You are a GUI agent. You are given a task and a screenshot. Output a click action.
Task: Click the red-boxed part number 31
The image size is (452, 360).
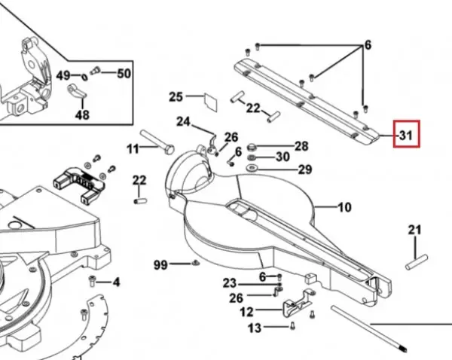[x=406, y=135]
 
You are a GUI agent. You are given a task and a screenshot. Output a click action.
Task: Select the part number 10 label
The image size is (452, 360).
[x=344, y=207]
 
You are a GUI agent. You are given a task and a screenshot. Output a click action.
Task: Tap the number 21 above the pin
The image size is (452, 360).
[x=414, y=230]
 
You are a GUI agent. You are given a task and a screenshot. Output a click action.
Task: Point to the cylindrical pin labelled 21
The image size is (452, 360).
[x=417, y=262]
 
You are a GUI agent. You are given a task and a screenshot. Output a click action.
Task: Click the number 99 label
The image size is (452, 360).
[x=160, y=264]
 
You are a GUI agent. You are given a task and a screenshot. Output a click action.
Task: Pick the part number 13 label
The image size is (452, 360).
[x=255, y=328]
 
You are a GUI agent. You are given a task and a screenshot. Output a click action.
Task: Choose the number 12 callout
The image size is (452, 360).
[x=246, y=312]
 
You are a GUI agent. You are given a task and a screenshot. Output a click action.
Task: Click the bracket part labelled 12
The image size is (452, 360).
[x=298, y=304]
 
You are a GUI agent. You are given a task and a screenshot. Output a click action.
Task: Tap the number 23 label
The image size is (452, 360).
[x=230, y=283]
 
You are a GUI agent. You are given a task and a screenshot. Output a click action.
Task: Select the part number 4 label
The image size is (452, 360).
[x=116, y=282]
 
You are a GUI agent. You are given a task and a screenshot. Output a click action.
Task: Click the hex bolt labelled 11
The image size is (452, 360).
[x=157, y=142]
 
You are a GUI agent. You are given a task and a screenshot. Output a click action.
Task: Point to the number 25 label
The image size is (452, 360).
[x=176, y=96]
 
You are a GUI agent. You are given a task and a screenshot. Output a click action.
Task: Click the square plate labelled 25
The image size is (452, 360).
[x=211, y=102]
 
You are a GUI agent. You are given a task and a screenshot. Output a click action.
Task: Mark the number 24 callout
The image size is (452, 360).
[x=183, y=121]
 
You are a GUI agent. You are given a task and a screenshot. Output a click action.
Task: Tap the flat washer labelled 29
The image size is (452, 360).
[x=252, y=167]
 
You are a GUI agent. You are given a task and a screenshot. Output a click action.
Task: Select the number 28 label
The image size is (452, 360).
[x=301, y=146]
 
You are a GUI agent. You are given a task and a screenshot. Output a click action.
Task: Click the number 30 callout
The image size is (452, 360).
[x=282, y=157]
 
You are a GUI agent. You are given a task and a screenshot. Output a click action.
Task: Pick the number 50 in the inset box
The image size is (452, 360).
[x=124, y=74]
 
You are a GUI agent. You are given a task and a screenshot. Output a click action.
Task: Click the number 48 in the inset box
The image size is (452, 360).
[x=82, y=114]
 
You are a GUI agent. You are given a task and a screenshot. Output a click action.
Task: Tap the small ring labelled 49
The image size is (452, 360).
[x=84, y=78]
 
